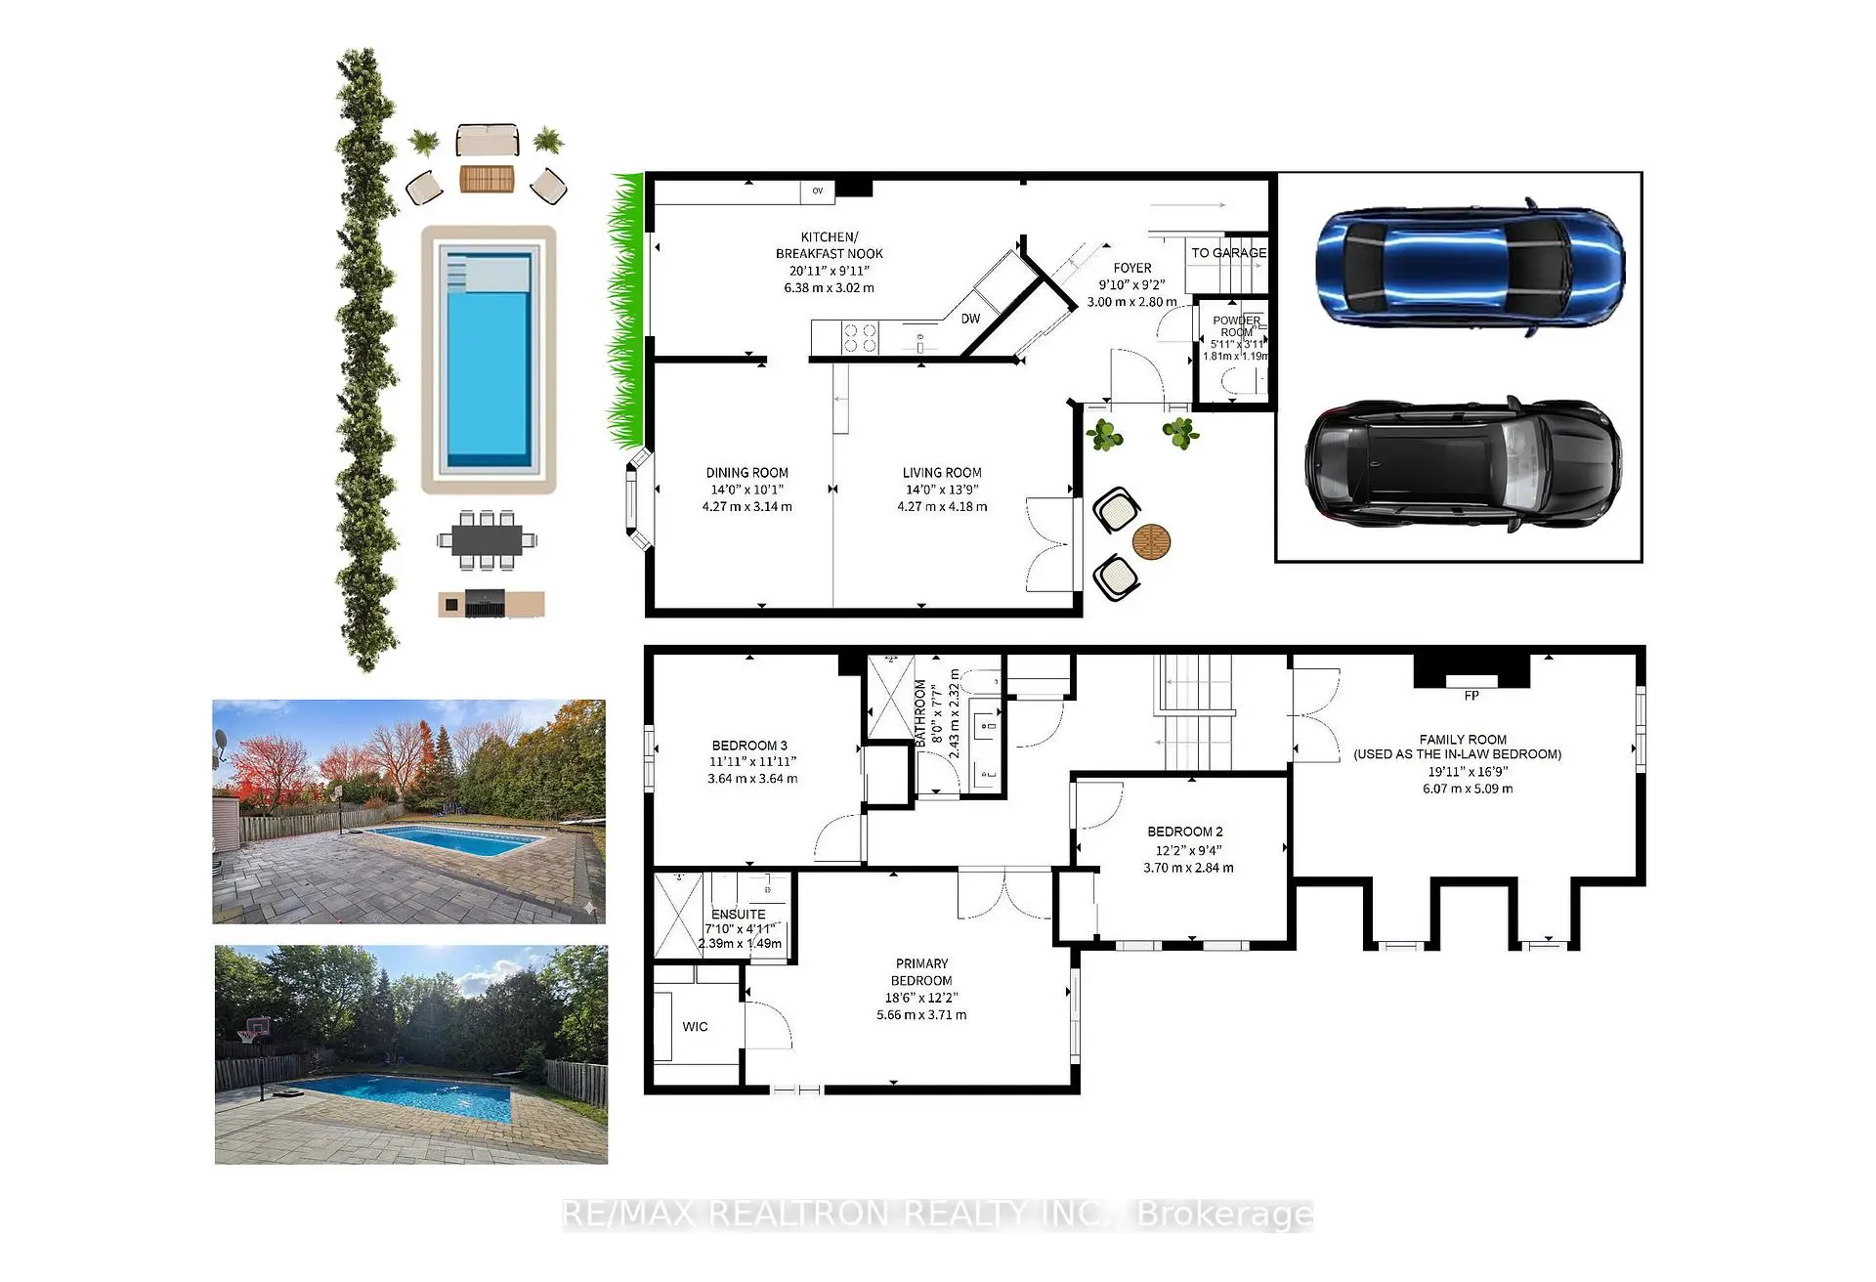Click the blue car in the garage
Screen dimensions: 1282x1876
[x=1469, y=267]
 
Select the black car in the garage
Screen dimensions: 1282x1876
[x=1461, y=463]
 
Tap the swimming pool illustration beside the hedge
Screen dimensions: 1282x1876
[x=489, y=360]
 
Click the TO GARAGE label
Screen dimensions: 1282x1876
[x=1228, y=252]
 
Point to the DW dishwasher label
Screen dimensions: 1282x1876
[x=970, y=319]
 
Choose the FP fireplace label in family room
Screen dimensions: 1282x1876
[x=1471, y=696]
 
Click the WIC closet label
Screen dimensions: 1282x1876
[x=695, y=1026]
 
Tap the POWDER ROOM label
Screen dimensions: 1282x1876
[x=1237, y=326]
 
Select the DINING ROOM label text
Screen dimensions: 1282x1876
[x=746, y=472]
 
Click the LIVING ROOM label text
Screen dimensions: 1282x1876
[x=942, y=472]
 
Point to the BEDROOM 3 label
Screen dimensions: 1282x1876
[x=749, y=746]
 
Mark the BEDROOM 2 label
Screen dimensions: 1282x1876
[x=1185, y=832]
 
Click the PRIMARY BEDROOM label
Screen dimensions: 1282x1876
[x=921, y=971]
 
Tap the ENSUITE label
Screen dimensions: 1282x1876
[x=739, y=915]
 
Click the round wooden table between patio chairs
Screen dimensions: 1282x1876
[x=1151, y=541]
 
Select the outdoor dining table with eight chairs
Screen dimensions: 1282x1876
[x=487, y=539]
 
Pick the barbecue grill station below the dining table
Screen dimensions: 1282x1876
[x=490, y=604]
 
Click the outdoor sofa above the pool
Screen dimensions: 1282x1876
[x=487, y=141]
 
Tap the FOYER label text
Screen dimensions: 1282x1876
[x=1132, y=268]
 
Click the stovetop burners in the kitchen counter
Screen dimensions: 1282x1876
[x=860, y=338]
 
